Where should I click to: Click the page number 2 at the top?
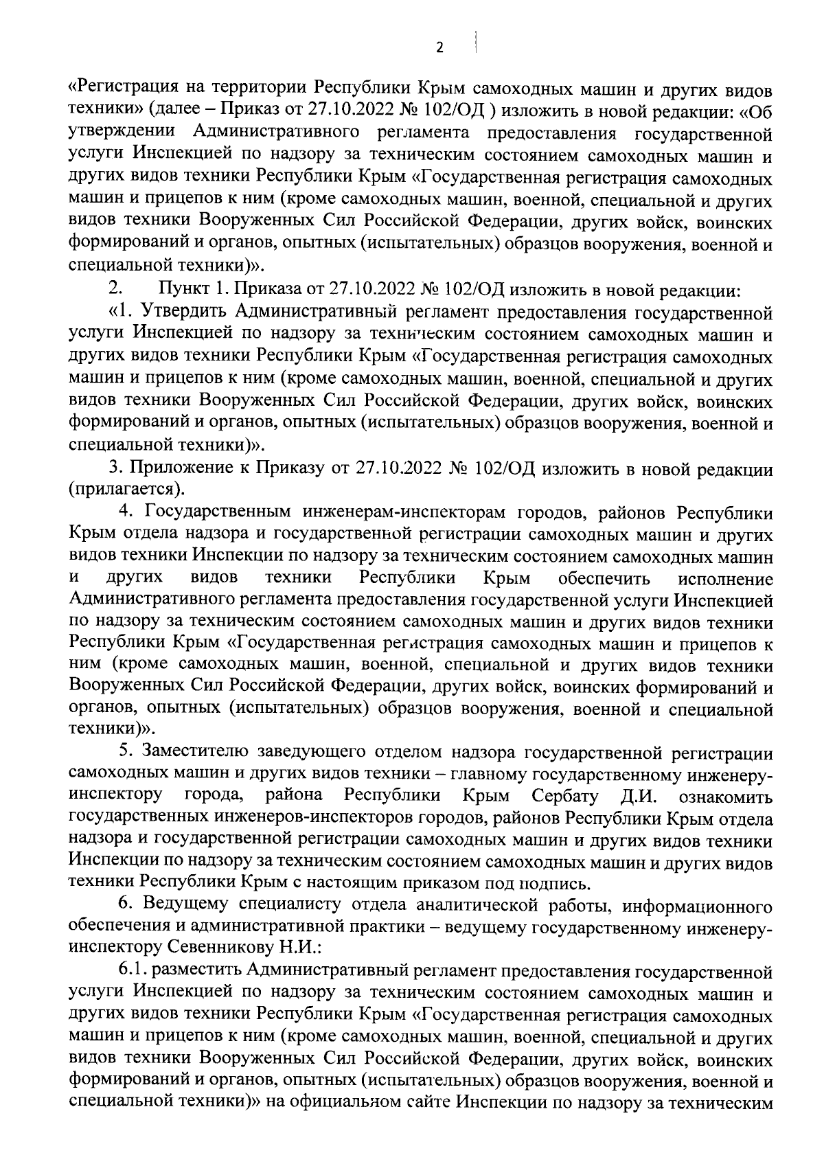[x=439, y=47]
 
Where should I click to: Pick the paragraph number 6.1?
[x=132, y=970]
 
